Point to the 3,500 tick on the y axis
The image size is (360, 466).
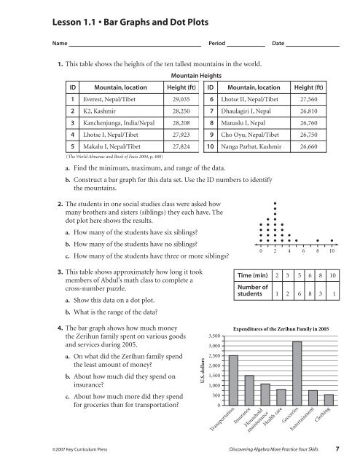click(x=213, y=336)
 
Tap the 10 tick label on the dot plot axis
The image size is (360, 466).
click(x=332, y=252)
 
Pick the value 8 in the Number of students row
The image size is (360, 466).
click(x=308, y=293)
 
